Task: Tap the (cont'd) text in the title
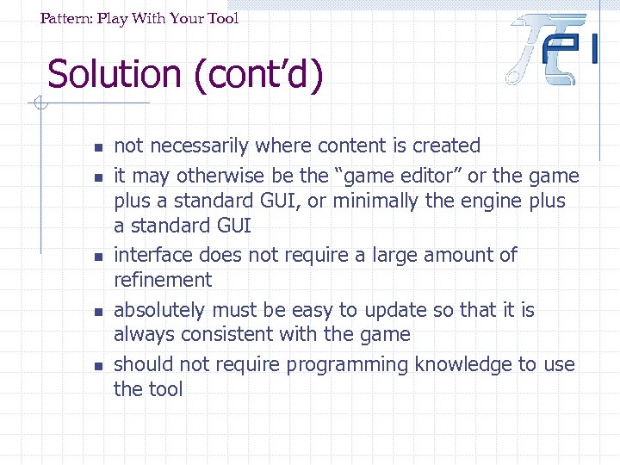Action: point(258,76)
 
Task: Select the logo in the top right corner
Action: point(554,49)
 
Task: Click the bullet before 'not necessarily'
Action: point(99,147)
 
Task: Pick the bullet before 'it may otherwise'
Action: point(99,177)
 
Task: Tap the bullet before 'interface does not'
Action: point(99,257)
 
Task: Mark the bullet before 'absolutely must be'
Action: point(99,311)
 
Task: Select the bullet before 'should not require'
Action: point(99,366)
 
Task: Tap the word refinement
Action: point(163,280)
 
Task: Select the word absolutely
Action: point(159,310)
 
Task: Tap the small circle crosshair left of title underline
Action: point(39,105)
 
